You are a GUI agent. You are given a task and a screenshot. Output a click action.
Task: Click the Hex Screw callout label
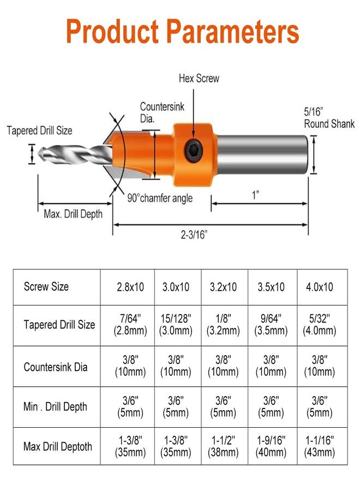pyautogui.click(x=199, y=79)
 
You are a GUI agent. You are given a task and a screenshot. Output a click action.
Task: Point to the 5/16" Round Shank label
pyautogui.click(x=329, y=117)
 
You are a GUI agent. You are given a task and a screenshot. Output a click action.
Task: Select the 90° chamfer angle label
pyautogui.click(x=160, y=198)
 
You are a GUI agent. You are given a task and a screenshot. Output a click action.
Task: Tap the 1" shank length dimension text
pyautogui.click(x=255, y=195)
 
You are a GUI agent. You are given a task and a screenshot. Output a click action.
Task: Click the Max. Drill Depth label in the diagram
pyautogui.click(x=73, y=214)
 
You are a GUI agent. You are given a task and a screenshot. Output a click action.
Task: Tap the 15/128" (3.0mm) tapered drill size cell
pyautogui.click(x=176, y=325)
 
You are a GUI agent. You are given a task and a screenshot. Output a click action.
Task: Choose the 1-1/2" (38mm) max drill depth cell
pyautogui.click(x=224, y=446)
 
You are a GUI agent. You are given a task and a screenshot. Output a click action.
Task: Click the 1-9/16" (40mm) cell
pyautogui.click(x=271, y=446)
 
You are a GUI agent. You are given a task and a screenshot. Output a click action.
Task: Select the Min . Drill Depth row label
pyautogui.click(x=55, y=406)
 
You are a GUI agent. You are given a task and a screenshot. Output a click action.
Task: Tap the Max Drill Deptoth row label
pyautogui.click(x=58, y=447)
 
